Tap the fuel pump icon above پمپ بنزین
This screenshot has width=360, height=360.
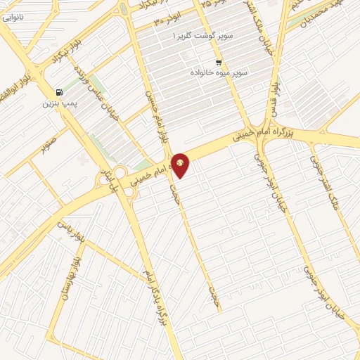click(x=58, y=92)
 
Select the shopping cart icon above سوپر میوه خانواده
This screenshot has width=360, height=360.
click(x=219, y=62)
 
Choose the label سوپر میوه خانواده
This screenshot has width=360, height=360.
click(x=219, y=72)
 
